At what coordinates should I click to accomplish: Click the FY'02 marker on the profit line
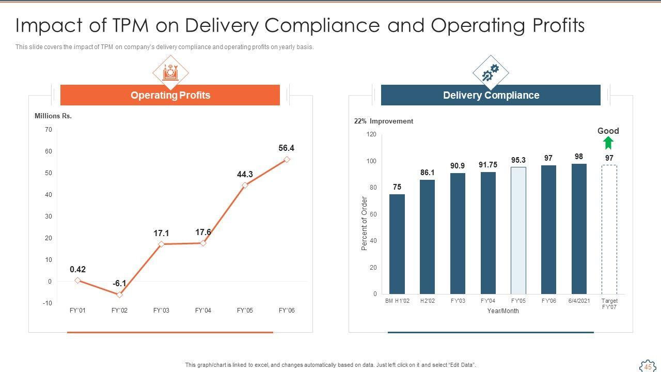(x=119, y=295)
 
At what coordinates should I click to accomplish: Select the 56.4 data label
(x=286, y=148)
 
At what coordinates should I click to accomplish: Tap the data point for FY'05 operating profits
(x=245, y=185)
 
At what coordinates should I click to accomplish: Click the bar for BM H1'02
(x=397, y=244)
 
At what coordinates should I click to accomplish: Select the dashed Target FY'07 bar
(x=609, y=229)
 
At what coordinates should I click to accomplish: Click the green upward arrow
(x=608, y=143)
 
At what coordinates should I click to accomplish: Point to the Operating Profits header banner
(x=170, y=95)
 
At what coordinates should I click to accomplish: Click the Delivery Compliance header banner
(x=491, y=95)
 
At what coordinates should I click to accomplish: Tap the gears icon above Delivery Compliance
(x=491, y=73)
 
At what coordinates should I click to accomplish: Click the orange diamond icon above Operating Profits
(x=170, y=72)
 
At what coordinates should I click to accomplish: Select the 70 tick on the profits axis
(x=49, y=130)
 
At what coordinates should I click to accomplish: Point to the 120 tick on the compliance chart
(x=371, y=134)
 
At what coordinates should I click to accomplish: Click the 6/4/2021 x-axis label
(x=579, y=301)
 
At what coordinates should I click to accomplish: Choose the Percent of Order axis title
(x=364, y=223)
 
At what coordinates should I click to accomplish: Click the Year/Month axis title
(x=502, y=311)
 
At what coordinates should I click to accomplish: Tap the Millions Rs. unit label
(x=53, y=116)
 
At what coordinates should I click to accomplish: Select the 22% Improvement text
(x=383, y=121)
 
